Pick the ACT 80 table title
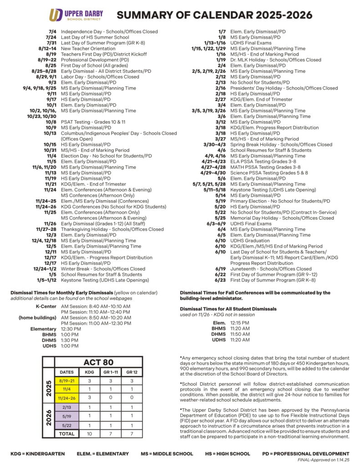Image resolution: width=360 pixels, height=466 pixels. [x=98, y=362]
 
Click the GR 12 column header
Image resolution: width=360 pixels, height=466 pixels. [x=132, y=372]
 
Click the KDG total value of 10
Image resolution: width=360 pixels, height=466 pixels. [x=90, y=434]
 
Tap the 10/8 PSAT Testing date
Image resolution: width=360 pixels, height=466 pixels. [x=51, y=122]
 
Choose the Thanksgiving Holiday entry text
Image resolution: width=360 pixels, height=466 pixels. [x=112, y=229]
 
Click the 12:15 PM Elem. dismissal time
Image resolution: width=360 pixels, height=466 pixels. [x=240, y=323]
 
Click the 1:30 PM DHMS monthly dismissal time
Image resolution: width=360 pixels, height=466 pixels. [x=70, y=340]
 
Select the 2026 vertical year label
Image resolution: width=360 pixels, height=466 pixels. [x=49, y=416]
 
